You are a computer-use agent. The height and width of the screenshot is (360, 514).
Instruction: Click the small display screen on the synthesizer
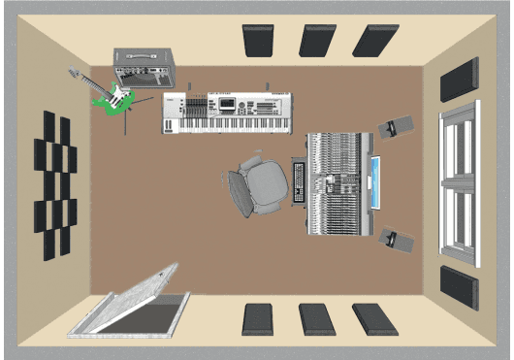(227, 104)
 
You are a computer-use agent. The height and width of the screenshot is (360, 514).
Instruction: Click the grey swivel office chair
(260, 183)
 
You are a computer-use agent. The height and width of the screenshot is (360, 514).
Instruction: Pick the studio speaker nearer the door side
(396, 239)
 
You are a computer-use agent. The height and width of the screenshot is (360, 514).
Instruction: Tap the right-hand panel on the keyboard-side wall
(374, 41)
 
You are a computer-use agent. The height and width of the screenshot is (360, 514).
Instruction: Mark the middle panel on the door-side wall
(317, 319)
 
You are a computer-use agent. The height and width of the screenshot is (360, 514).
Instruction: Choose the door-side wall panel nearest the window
(373, 319)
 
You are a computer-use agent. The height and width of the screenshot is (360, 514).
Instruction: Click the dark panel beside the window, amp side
(459, 80)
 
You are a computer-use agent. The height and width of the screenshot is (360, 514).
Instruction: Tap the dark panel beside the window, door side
(459, 287)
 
